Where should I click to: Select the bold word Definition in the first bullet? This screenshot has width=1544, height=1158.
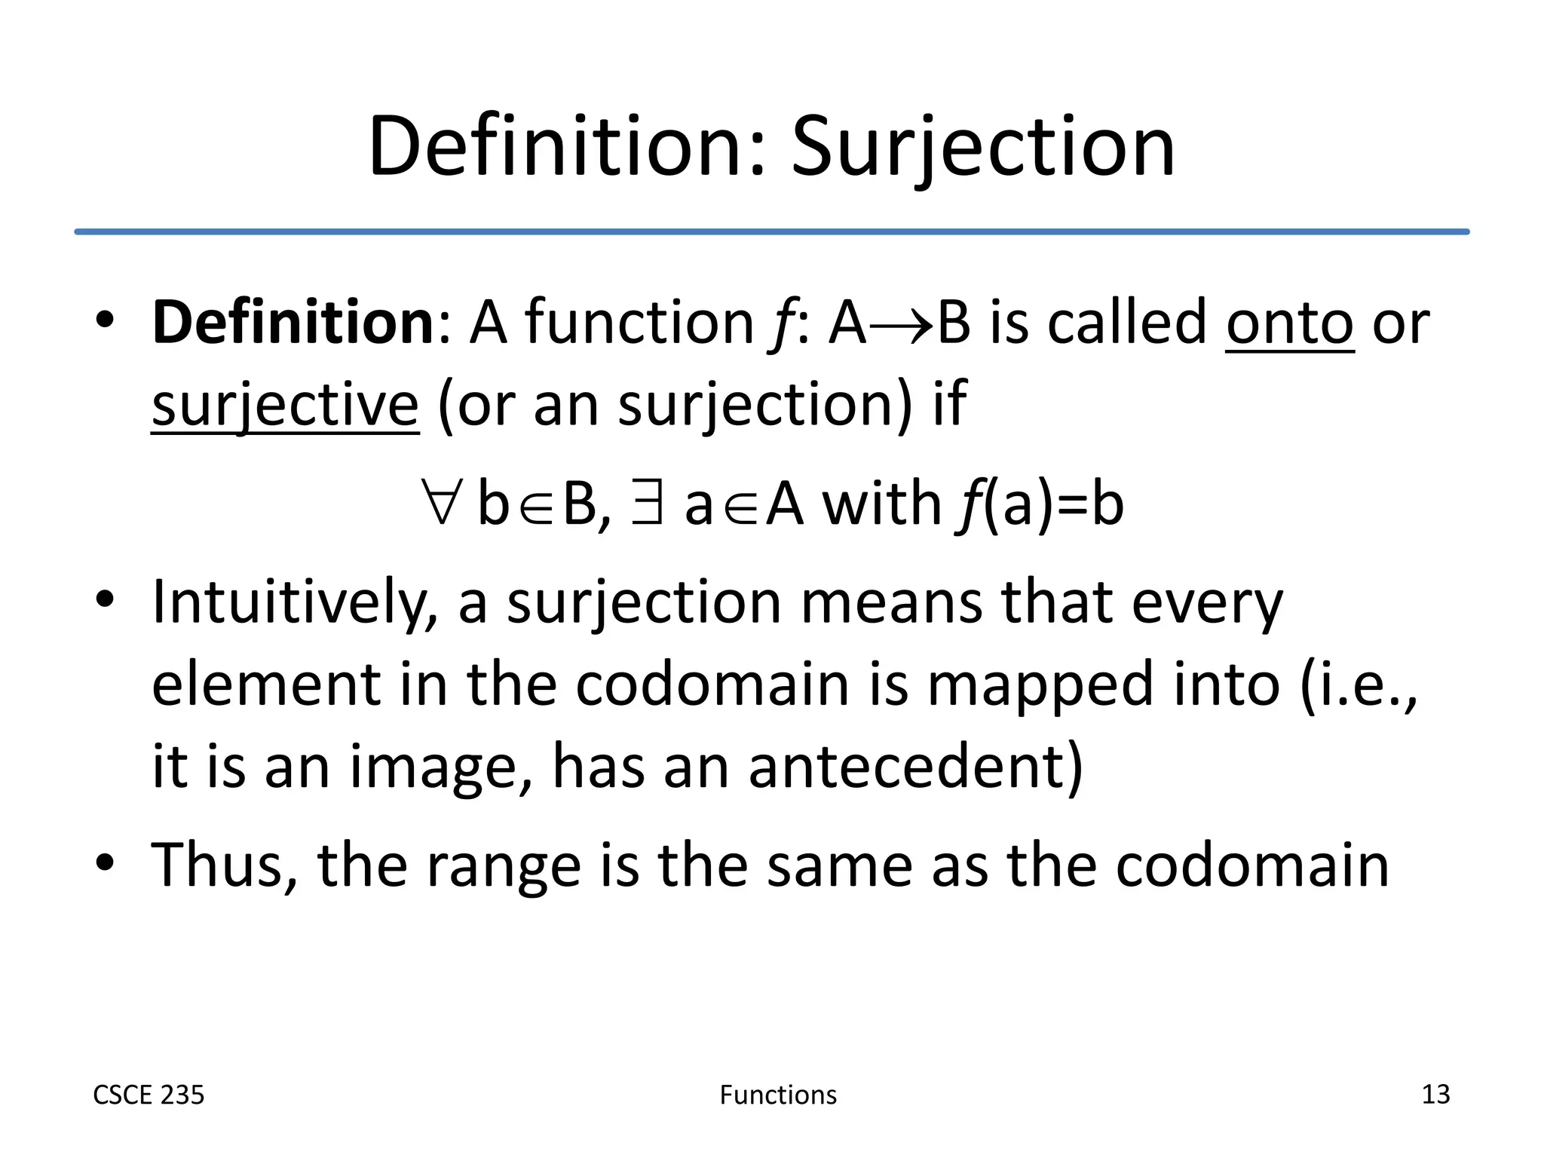[293, 323]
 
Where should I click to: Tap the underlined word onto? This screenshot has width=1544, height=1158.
[1289, 323]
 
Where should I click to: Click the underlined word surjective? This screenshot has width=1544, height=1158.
[285, 406]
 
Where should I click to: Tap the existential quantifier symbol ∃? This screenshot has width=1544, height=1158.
[648, 504]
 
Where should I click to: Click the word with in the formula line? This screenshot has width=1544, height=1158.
[881, 504]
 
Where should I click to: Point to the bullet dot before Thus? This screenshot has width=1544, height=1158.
[105, 862]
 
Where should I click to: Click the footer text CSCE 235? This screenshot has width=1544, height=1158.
[149, 1095]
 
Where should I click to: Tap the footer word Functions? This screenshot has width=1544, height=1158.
[778, 1095]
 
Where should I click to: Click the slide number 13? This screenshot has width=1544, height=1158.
[1435, 1094]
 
